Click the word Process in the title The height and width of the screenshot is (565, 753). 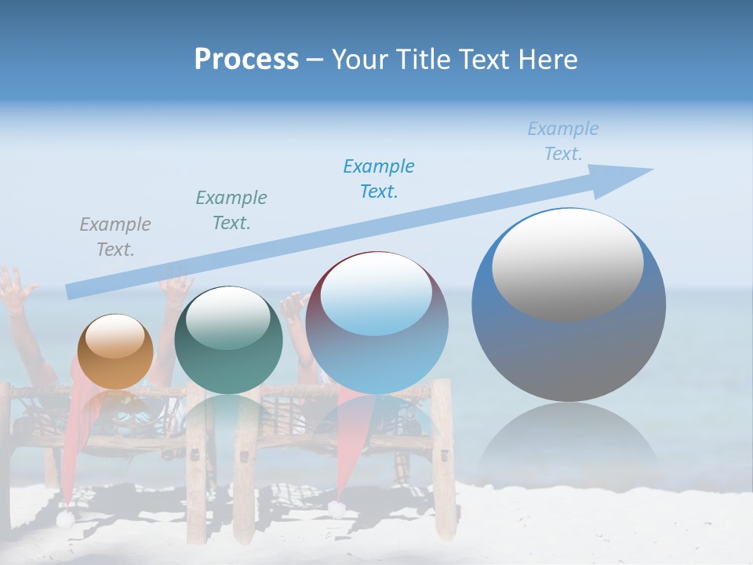coord(246,60)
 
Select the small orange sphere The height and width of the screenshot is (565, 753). coord(115,352)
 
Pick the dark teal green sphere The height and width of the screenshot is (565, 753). coord(228,341)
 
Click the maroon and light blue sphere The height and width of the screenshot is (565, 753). coord(376,323)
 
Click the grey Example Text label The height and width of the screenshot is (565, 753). coord(115,237)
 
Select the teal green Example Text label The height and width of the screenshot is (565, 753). coord(231,210)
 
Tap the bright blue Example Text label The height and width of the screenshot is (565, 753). coord(379,179)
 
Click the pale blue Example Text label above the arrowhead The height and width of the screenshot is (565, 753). coord(563,141)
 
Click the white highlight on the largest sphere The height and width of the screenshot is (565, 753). coord(567,263)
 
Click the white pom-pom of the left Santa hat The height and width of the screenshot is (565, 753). coord(65,518)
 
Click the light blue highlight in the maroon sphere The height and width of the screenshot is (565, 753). coord(376,297)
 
